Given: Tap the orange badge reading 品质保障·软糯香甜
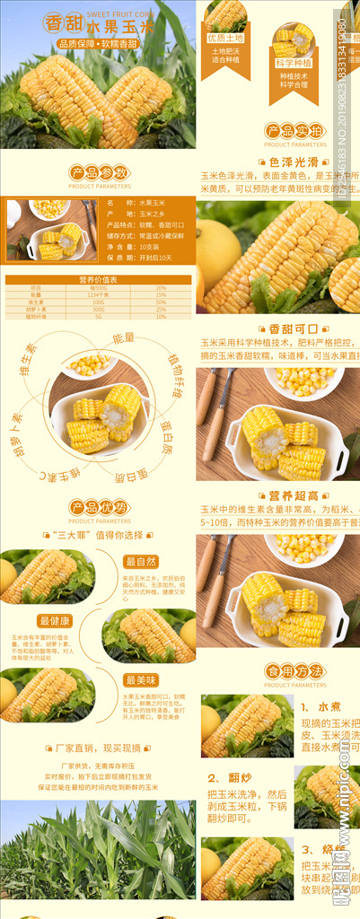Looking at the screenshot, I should pos(98,44).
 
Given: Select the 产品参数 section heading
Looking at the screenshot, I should pos(100,172).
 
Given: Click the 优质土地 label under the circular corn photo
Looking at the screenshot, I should pos(225,38).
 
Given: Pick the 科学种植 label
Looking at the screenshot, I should pos(294,63).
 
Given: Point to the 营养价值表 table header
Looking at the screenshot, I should pos(98,280).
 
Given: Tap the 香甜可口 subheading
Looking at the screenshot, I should pos(293,329).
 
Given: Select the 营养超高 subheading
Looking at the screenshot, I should pos(293,495).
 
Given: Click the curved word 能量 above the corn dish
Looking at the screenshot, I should pos(123,338).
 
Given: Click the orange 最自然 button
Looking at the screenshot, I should pos(141,562).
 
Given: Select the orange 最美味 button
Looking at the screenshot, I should pos(141,679).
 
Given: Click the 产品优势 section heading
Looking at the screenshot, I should pos(100,508).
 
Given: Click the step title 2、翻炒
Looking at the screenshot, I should pos(227,778).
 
